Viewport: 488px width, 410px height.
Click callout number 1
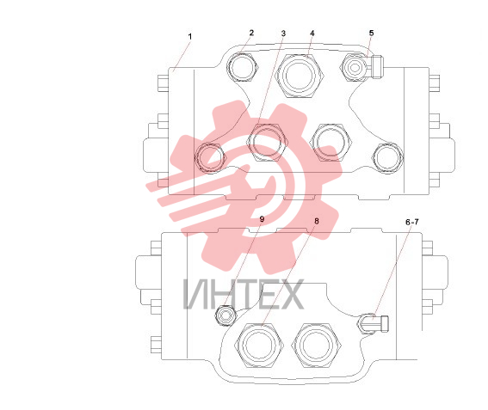click(x=190, y=37)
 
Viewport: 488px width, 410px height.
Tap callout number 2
click(x=251, y=33)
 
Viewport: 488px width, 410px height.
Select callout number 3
click(x=283, y=34)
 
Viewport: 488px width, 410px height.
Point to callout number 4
click(x=312, y=33)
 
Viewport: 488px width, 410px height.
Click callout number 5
click(x=371, y=33)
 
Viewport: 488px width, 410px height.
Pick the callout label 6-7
click(x=412, y=222)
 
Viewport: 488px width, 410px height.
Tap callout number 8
click(x=317, y=221)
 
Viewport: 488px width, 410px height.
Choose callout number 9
click(x=262, y=219)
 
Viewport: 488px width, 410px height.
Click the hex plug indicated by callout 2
click(x=243, y=67)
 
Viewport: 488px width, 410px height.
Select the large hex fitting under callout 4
click(x=300, y=76)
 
